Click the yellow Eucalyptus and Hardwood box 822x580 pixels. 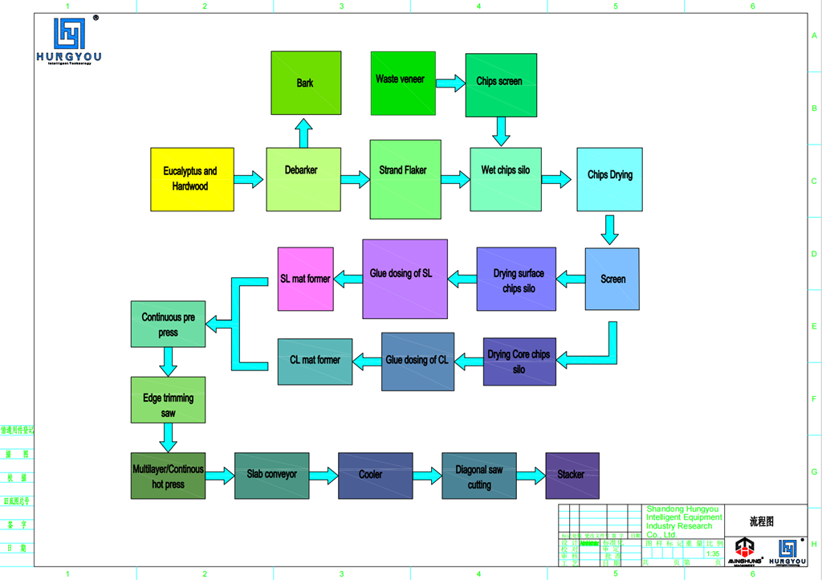point(192,179)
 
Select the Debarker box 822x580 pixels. point(301,179)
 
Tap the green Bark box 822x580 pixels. point(306,83)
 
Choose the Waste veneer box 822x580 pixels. point(402,83)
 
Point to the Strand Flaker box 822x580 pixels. point(405,179)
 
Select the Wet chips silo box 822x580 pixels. point(505,179)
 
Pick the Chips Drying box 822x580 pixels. point(609,179)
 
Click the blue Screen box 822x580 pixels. point(612,279)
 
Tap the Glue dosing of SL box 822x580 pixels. point(405,279)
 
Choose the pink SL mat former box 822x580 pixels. point(305,279)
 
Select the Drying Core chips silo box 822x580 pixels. point(519,361)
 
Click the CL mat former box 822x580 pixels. point(315,361)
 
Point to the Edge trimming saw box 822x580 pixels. point(168,400)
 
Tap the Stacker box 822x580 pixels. point(572,476)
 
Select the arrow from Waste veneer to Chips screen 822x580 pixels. point(450,82)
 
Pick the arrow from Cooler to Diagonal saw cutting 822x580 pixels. point(427,476)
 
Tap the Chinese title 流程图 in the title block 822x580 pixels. point(763,521)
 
